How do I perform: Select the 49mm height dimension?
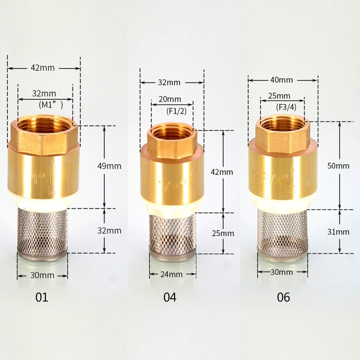[x=110, y=166]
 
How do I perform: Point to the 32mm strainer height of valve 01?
[x=110, y=230]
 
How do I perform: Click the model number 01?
[x=41, y=297]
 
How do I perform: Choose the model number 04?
[x=170, y=297]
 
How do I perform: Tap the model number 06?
[x=283, y=297]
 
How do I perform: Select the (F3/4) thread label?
[x=286, y=107]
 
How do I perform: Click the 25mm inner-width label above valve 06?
[x=279, y=96]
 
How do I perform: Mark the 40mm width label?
[x=281, y=80]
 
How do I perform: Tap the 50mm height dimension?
[x=339, y=166]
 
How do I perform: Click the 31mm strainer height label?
[x=339, y=232]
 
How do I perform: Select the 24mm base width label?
[x=171, y=274]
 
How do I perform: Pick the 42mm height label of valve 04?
[x=223, y=172]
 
